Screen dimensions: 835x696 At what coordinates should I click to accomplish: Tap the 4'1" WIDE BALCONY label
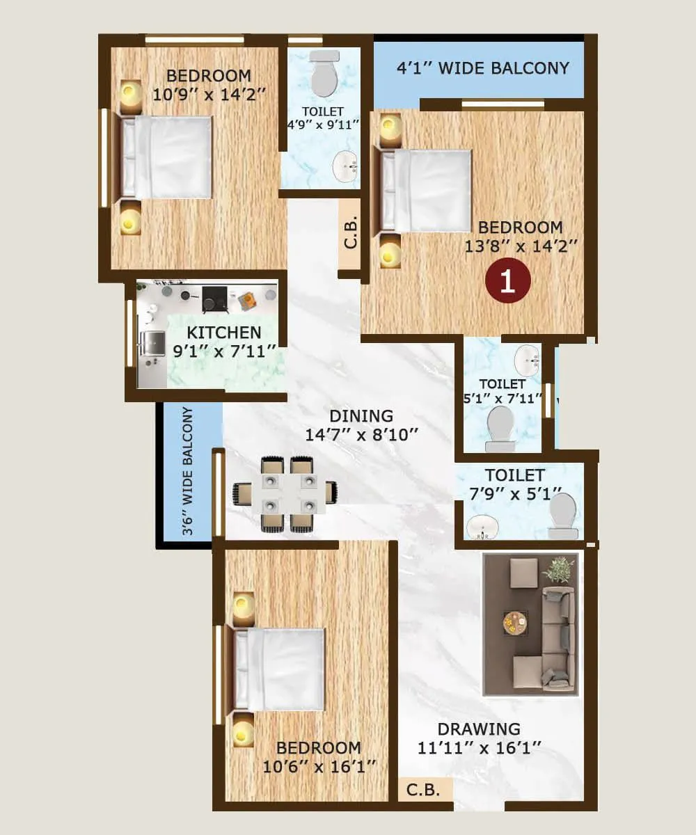click(x=482, y=68)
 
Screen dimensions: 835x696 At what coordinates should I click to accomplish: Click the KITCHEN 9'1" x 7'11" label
click(x=224, y=342)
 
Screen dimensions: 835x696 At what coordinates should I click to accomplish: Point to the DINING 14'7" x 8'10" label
click(x=361, y=425)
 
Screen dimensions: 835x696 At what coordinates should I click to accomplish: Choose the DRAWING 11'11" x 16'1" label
click(x=479, y=738)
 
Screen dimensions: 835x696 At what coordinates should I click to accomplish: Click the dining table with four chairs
click(x=285, y=493)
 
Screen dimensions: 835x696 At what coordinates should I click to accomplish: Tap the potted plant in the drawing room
click(x=559, y=569)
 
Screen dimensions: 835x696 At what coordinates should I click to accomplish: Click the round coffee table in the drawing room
click(x=516, y=621)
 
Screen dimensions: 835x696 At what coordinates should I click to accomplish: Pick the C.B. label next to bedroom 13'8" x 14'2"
click(x=351, y=233)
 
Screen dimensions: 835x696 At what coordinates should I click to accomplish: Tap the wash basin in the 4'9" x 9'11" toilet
click(x=345, y=166)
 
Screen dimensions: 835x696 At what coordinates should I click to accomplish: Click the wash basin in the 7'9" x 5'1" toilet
click(x=481, y=527)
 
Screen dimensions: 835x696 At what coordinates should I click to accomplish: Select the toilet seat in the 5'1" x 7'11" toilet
click(x=500, y=426)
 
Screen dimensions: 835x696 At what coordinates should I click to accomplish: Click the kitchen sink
click(x=152, y=343)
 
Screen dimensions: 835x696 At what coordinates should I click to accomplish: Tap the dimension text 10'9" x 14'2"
click(x=209, y=95)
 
